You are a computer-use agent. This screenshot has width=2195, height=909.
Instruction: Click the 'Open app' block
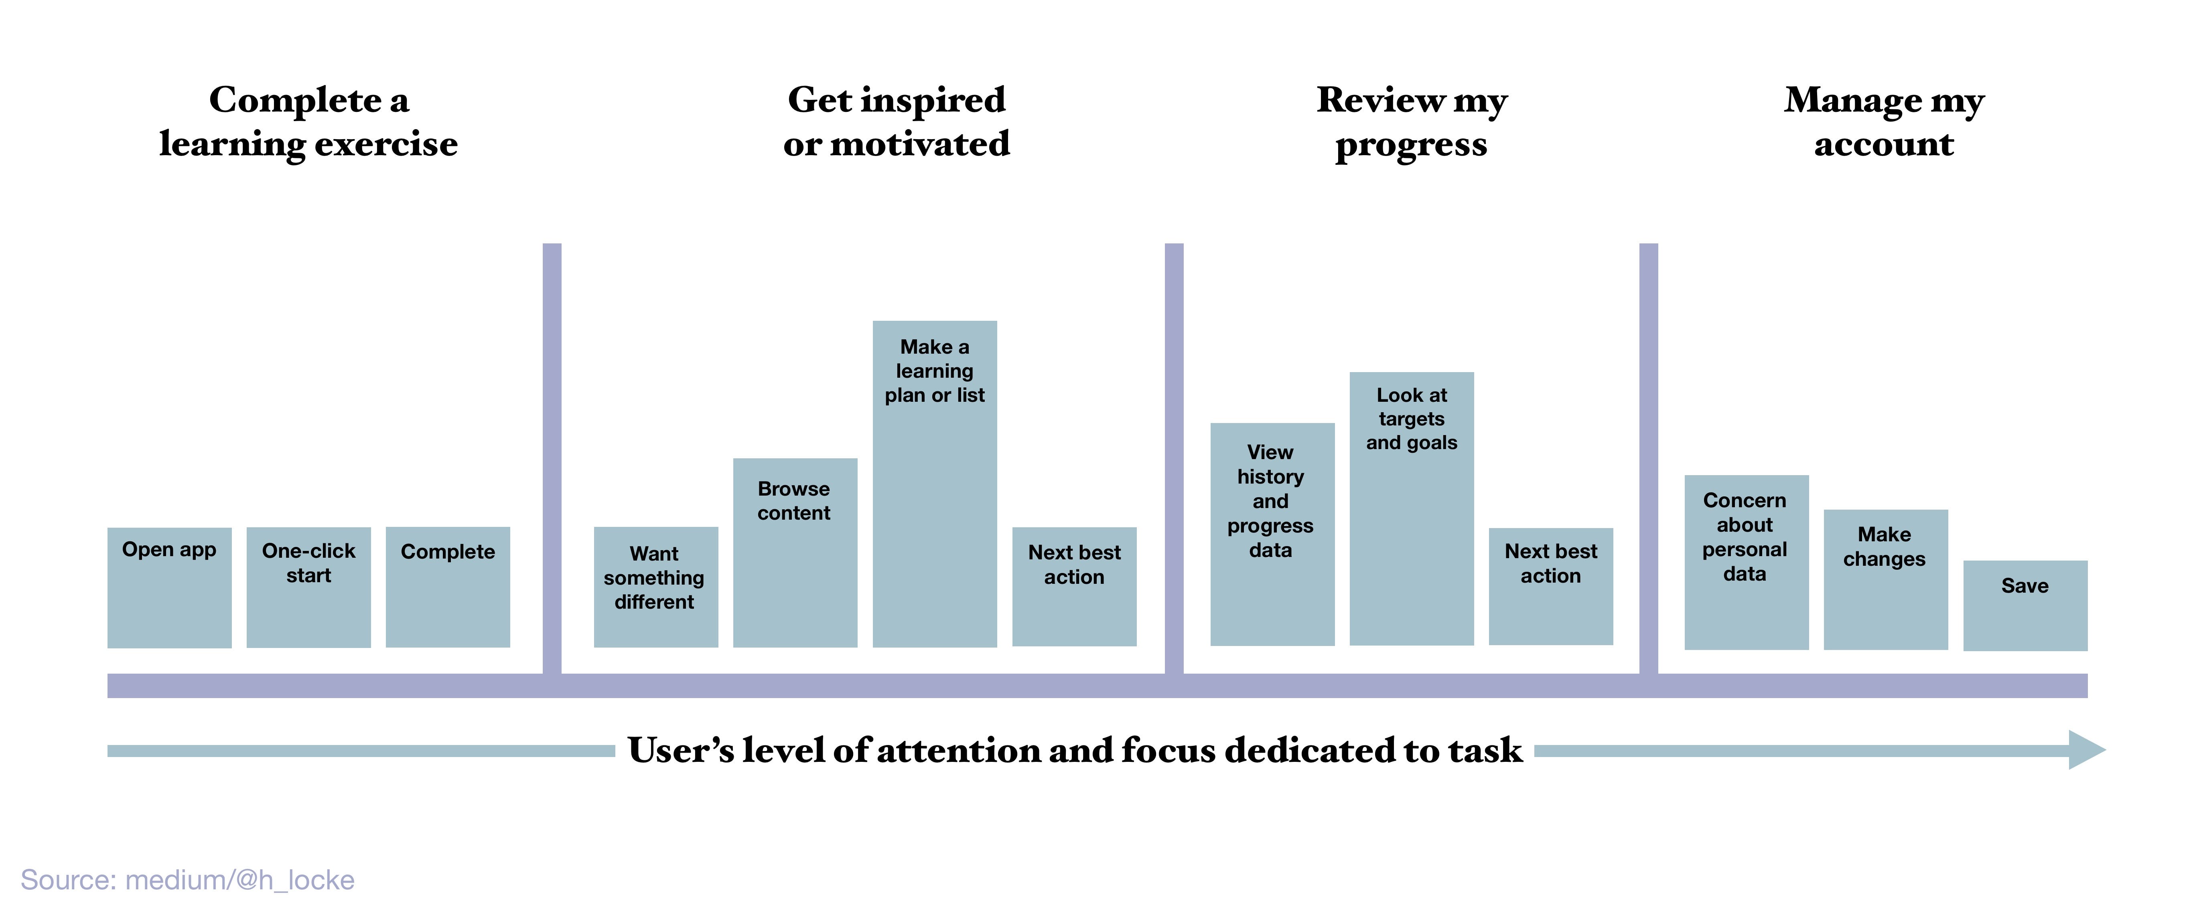click(x=170, y=588)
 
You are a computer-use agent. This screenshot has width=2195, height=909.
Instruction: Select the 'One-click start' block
click(x=308, y=588)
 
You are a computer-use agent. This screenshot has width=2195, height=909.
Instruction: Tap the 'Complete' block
click(x=448, y=587)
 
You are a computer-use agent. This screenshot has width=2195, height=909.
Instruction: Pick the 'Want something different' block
click(x=656, y=587)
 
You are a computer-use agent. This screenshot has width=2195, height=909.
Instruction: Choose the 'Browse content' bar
click(x=795, y=553)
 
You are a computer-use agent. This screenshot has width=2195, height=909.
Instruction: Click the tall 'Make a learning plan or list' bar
click(x=935, y=484)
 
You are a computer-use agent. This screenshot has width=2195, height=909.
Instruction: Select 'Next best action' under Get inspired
click(x=1075, y=587)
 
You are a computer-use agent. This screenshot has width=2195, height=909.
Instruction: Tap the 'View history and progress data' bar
click(x=1272, y=534)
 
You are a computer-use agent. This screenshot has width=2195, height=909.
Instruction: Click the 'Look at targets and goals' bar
click(x=1412, y=508)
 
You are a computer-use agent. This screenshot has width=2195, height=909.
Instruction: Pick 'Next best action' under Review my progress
click(x=1551, y=586)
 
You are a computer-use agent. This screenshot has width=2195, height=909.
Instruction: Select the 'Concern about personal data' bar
click(x=1747, y=562)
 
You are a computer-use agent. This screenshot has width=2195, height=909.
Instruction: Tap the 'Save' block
click(x=2025, y=606)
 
